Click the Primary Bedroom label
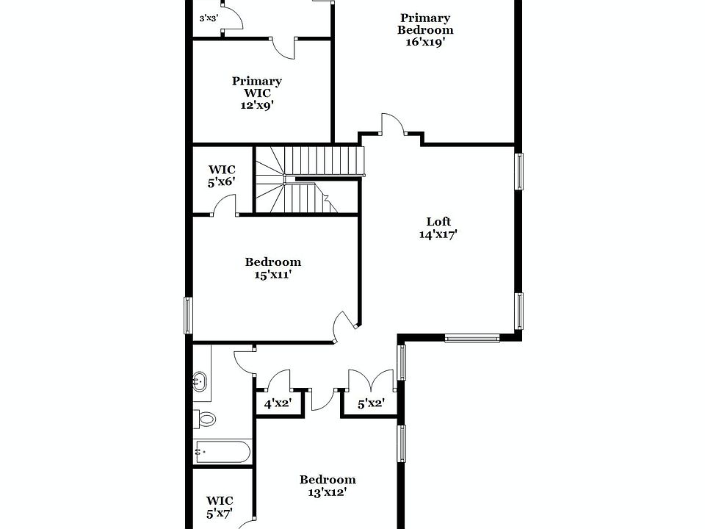(425, 24)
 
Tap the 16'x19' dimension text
(425, 42)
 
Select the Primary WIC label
(257, 87)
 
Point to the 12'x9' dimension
(257, 104)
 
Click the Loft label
(438, 221)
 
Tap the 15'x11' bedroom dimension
(272, 274)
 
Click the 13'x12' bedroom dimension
(328, 492)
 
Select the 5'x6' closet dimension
(221, 181)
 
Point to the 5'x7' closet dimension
(219, 514)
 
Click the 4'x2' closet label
(278, 403)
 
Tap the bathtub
(223, 451)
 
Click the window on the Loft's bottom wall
(472, 338)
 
